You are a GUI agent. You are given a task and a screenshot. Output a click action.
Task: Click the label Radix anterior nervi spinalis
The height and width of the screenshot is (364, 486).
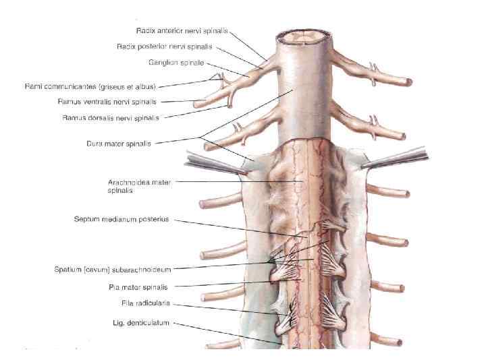tap(182, 31)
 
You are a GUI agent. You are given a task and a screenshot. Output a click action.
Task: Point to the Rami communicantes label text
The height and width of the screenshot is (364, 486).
tap(90, 86)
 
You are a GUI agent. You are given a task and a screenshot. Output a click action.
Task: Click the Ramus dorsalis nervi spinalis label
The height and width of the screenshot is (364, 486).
tap(111, 118)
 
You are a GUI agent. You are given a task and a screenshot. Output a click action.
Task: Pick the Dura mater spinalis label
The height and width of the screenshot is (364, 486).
tap(118, 143)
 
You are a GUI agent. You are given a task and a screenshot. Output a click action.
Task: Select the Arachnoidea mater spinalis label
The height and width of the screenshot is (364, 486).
tap(139, 186)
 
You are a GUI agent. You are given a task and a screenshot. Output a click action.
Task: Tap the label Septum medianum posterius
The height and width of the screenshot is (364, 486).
tap(122, 220)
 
